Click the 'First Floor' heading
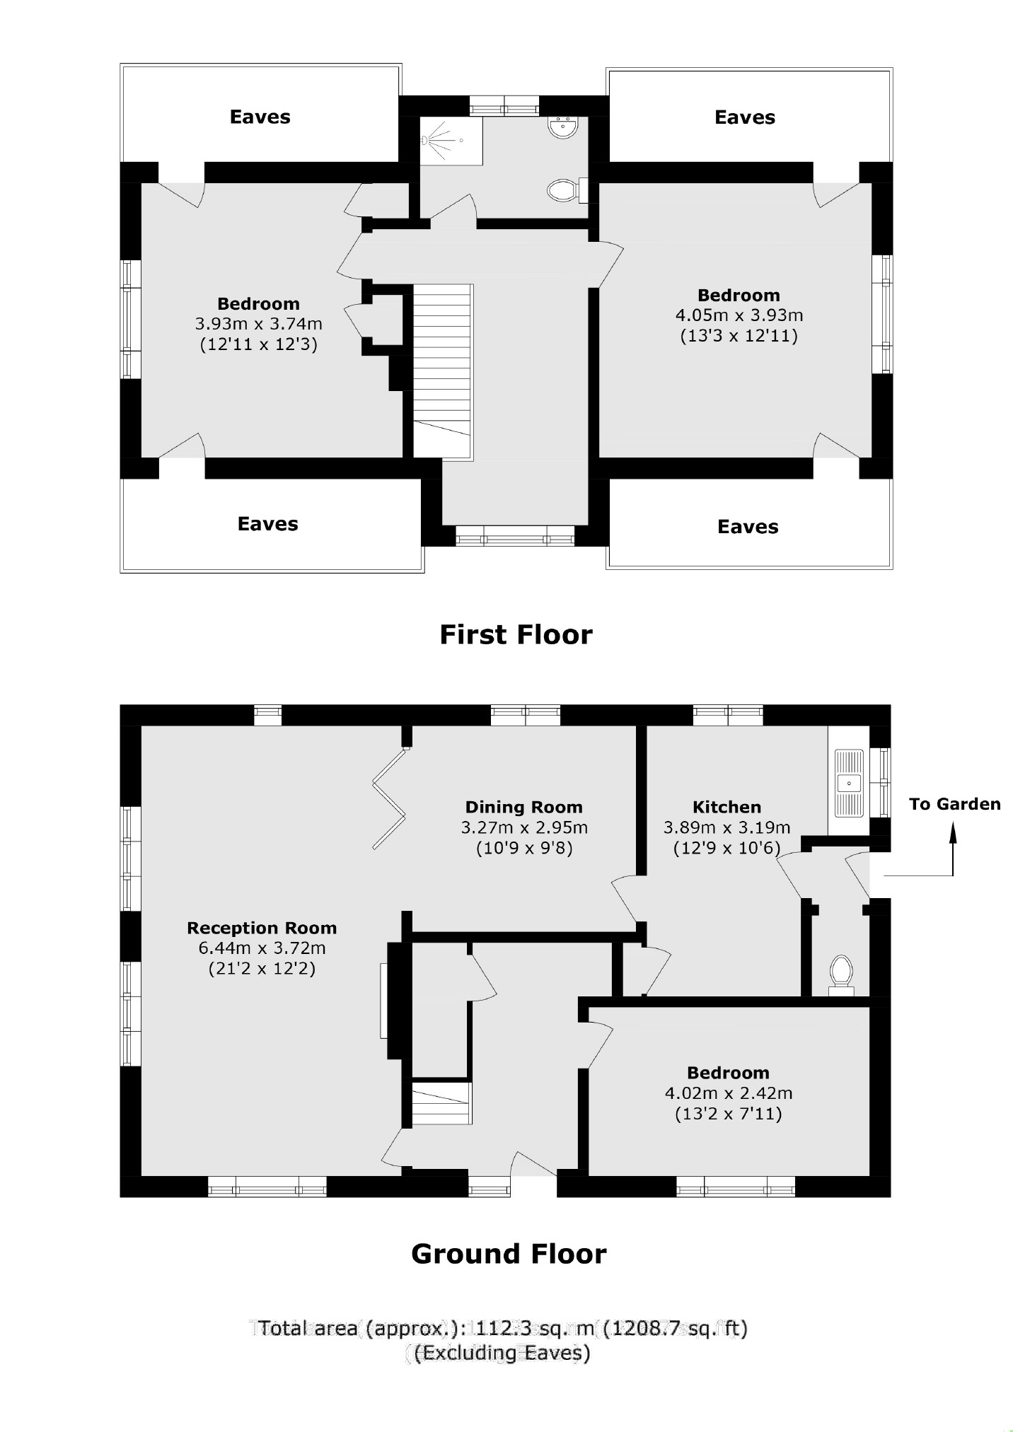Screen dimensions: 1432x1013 coord(516,634)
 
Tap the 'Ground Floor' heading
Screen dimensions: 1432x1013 coord(509,1254)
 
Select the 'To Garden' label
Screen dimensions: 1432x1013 coord(954,804)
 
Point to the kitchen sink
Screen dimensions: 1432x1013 coord(849,783)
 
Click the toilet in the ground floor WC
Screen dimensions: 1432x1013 coord(841,971)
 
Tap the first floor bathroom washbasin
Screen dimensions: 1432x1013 coord(563,127)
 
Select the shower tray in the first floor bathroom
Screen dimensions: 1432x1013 coord(451,141)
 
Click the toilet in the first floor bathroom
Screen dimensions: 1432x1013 coord(563,190)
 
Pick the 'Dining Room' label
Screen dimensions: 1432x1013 coord(523,807)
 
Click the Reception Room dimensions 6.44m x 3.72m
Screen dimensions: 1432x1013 coord(262,948)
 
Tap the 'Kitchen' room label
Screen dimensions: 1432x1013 coord(727,807)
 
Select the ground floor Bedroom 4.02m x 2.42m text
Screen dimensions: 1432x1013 coord(728,1093)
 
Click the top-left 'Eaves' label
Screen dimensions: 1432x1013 coord(260,117)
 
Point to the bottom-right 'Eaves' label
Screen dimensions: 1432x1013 coord(747,527)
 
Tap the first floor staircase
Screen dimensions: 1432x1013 coord(442,361)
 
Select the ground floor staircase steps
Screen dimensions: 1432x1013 coord(441,1104)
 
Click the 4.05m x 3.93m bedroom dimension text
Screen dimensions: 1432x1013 coord(739,315)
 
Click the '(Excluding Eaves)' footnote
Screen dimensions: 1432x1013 coord(502,1353)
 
